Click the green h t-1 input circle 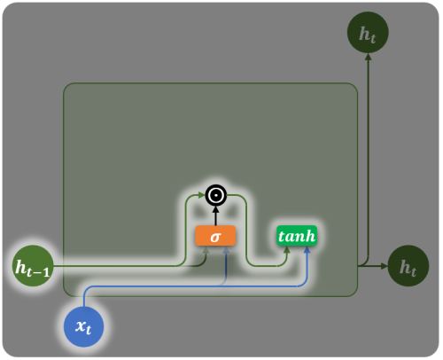pyautogui.click(x=33, y=266)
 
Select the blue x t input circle pyautogui.click(x=84, y=326)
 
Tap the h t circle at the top pyautogui.click(x=368, y=33)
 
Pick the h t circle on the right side pyautogui.click(x=408, y=266)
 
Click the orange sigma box pyautogui.click(x=215, y=236)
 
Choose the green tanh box pyautogui.click(x=297, y=236)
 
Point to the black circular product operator pyautogui.click(x=216, y=195)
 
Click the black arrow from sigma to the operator pyautogui.click(x=216, y=215)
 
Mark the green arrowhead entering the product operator pyautogui.click(x=202, y=195)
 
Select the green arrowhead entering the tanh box pyautogui.click(x=286, y=249)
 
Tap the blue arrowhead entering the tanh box pyautogui.click(x=307, y=249)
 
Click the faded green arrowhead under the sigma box pyautogui.click(x=206, y=249)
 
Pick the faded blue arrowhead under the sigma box pyautogui.click(x=226, y=249)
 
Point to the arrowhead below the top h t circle pyautogui.click(x=368, y=57)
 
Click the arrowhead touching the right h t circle pyautogui.click(x=384, y=266)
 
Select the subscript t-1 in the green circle pyautogui.click(x=38, y=272)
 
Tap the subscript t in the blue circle pyautogui.click(x=88, y=330)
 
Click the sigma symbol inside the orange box pyautogui.click(x=215, y=237)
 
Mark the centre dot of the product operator pyautogui.click(x=216, y=195)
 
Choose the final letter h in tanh pyautogui.click(x=310, y=236)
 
